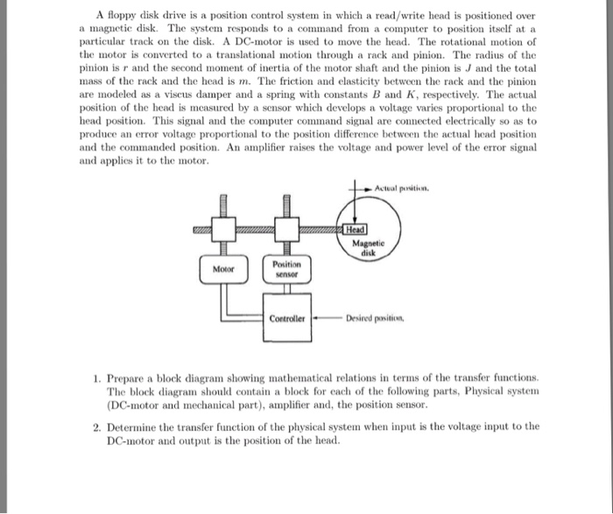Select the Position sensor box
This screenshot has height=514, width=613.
pos(286,268)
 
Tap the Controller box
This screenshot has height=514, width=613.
pos(286,319)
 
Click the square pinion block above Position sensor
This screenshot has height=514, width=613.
pos(285,230)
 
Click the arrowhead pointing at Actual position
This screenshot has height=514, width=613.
pos(371,189)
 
